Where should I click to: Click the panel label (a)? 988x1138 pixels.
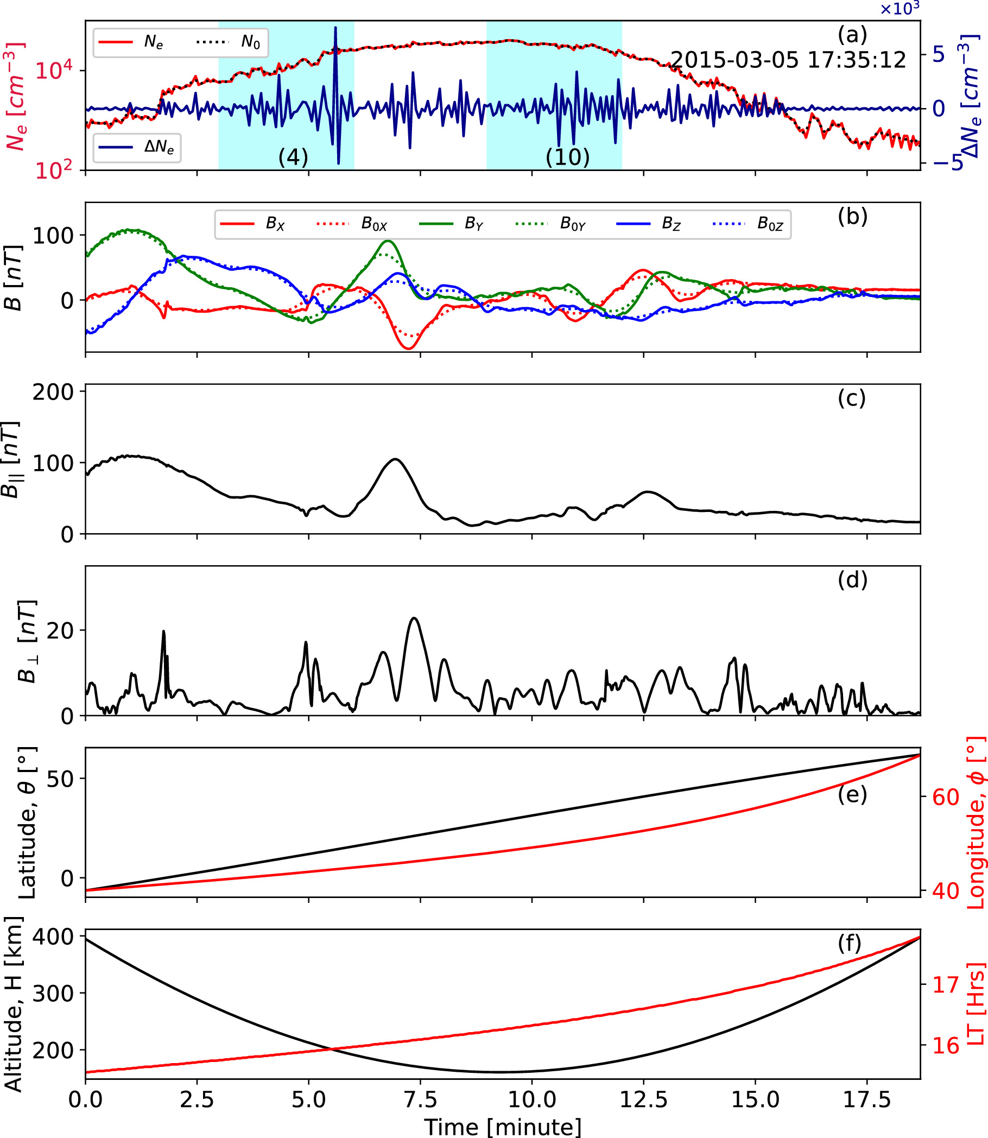(x=852, y=35)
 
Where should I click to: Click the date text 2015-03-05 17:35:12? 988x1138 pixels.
(x=788, y=60)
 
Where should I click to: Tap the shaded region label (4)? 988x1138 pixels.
(x=293, y=157)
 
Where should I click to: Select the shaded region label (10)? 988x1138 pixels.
(x=567, y=157)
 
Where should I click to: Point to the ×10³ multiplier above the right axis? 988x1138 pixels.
(x=899, y=9)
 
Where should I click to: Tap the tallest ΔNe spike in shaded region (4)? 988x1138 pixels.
(x=335, y=28)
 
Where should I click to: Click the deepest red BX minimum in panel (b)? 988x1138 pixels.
(x=408, y=349)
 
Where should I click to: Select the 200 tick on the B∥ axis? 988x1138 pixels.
(x=53, y=392)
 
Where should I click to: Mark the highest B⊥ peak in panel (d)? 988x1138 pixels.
(x=414, y=618)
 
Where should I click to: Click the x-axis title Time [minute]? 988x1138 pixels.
(x=502, y=1126)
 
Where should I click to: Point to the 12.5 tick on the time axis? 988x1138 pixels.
(x=643, y=1099)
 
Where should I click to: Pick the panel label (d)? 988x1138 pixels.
(x=852, y=579)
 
